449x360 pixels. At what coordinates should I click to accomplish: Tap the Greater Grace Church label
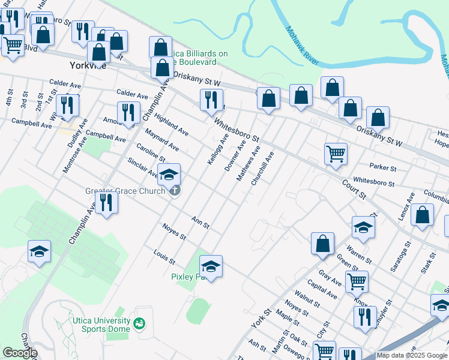click(125, 191)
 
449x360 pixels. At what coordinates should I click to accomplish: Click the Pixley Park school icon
click(210, 265)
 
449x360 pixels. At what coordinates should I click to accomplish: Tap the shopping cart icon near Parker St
click(336, 153)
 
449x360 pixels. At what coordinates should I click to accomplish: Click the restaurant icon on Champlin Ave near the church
click(106, 201)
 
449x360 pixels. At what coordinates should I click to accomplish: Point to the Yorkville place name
click(88, 65)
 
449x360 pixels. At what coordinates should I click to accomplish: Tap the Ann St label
click(200, 222)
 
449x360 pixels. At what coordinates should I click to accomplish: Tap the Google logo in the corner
click(20, 353)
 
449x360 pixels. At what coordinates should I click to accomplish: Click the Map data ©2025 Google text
click(412, 355)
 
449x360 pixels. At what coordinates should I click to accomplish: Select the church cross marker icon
click(174, 191)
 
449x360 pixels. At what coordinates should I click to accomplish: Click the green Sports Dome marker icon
click(140, 324)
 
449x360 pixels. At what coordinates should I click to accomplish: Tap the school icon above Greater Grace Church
click(169, 175)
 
